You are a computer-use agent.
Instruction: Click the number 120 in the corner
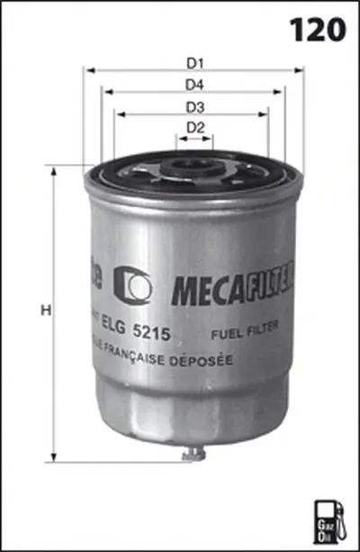click(x=317, y=29)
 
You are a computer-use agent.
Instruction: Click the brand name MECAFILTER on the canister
click(x=229, y=287)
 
